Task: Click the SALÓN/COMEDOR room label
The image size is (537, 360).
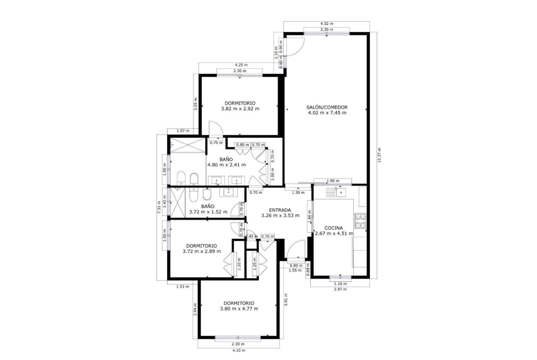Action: coord(327,107)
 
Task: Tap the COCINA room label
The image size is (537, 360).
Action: coord(334,228)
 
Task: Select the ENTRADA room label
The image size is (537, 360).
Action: coord(280,210)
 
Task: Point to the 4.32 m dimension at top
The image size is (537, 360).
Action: coord(327,23)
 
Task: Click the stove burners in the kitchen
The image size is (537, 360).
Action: coord(360,221)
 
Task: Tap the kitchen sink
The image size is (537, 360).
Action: coord(341,192)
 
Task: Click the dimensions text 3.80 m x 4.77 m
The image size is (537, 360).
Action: coord(239,309)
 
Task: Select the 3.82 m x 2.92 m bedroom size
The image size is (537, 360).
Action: coord(240,109)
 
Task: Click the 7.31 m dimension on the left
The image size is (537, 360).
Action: coord(158,207)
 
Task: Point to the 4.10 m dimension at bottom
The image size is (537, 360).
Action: coord(239,350)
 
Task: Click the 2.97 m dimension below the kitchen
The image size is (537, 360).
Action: coord(340,289)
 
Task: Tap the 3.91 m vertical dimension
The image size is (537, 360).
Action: coord(286,300)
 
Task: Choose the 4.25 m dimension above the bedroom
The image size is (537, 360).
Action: coord(241,65)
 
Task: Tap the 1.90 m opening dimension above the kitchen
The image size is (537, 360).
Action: coord(333,181)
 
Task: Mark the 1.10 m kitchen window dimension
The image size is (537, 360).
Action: coord(340,284)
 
